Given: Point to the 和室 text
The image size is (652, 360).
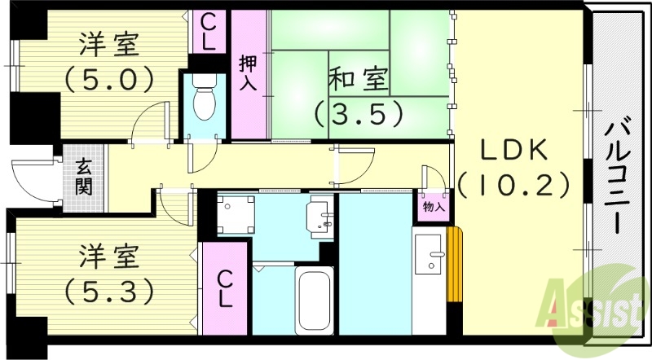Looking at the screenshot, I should coord(359,81).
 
